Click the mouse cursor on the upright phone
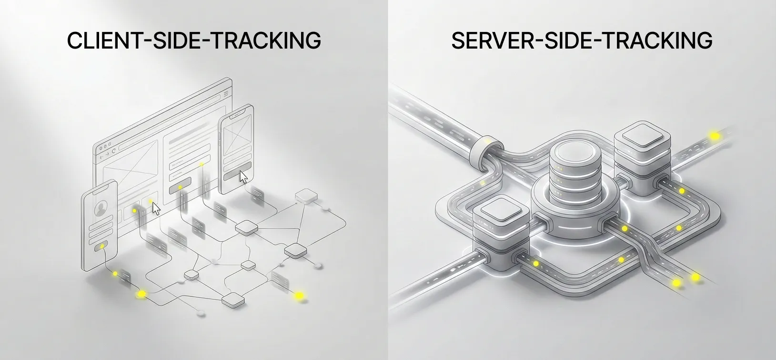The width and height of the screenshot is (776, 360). pos(244,177)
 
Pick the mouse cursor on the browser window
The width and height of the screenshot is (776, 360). pos(156,208)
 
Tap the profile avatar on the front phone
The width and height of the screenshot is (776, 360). pos(100,208)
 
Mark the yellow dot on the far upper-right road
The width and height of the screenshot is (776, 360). pos(715,136)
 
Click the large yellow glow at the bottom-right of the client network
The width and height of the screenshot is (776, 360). pos(299,295)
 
